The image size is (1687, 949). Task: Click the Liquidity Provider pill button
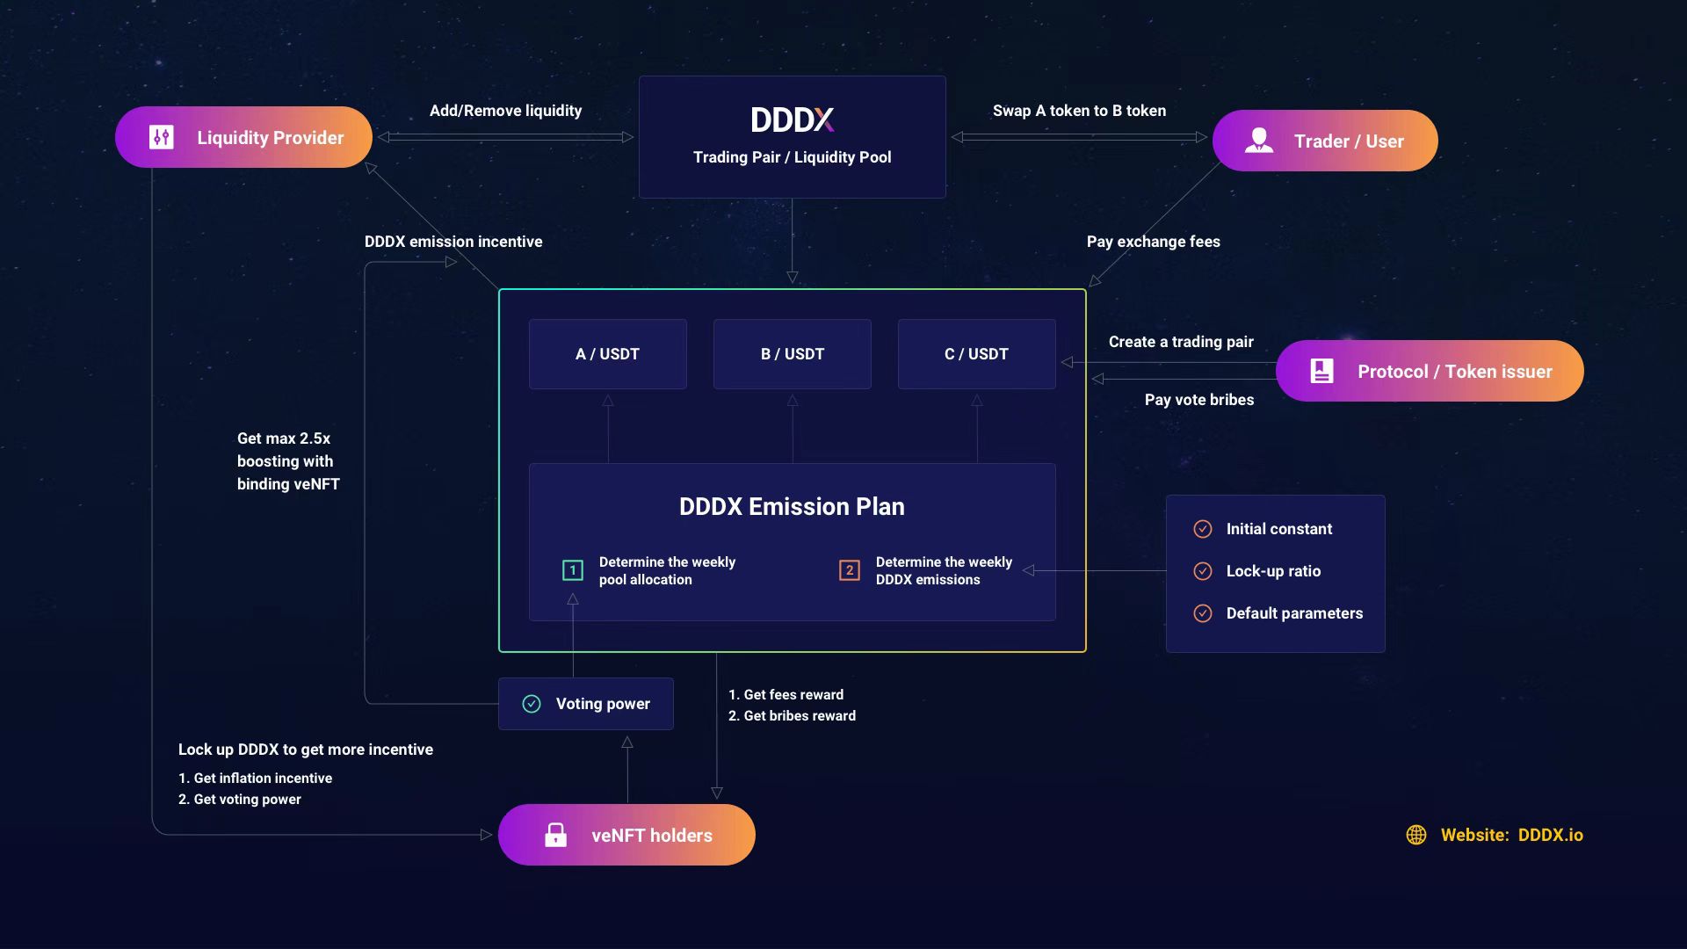point(243,137)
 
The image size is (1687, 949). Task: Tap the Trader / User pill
point(1324,141)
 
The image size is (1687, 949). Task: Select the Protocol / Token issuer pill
point(1429,371)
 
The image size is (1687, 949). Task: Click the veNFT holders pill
point(626,835)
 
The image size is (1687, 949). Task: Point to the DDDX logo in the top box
point(792,120)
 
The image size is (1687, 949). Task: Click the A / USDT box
point(607,354)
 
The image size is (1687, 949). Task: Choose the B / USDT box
point(792,354)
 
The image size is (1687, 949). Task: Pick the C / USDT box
point(976,354)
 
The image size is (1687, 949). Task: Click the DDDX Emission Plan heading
point(792,506)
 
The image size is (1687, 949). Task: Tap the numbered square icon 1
point(573,570)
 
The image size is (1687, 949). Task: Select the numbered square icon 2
point(850,570)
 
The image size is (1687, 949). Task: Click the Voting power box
point(585,704)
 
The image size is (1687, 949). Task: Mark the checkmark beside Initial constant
point(1203,529)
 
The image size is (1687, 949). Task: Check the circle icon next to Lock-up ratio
point(1203,571)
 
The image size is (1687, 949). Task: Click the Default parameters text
point(1294,613)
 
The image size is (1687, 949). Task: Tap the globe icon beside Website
point(1416,835)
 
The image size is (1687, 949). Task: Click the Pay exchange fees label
point(1153,242)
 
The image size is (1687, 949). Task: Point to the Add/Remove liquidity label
point(505,111)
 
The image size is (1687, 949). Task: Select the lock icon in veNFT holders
point(555,835)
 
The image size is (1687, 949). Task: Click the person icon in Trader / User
point(1259,141)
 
